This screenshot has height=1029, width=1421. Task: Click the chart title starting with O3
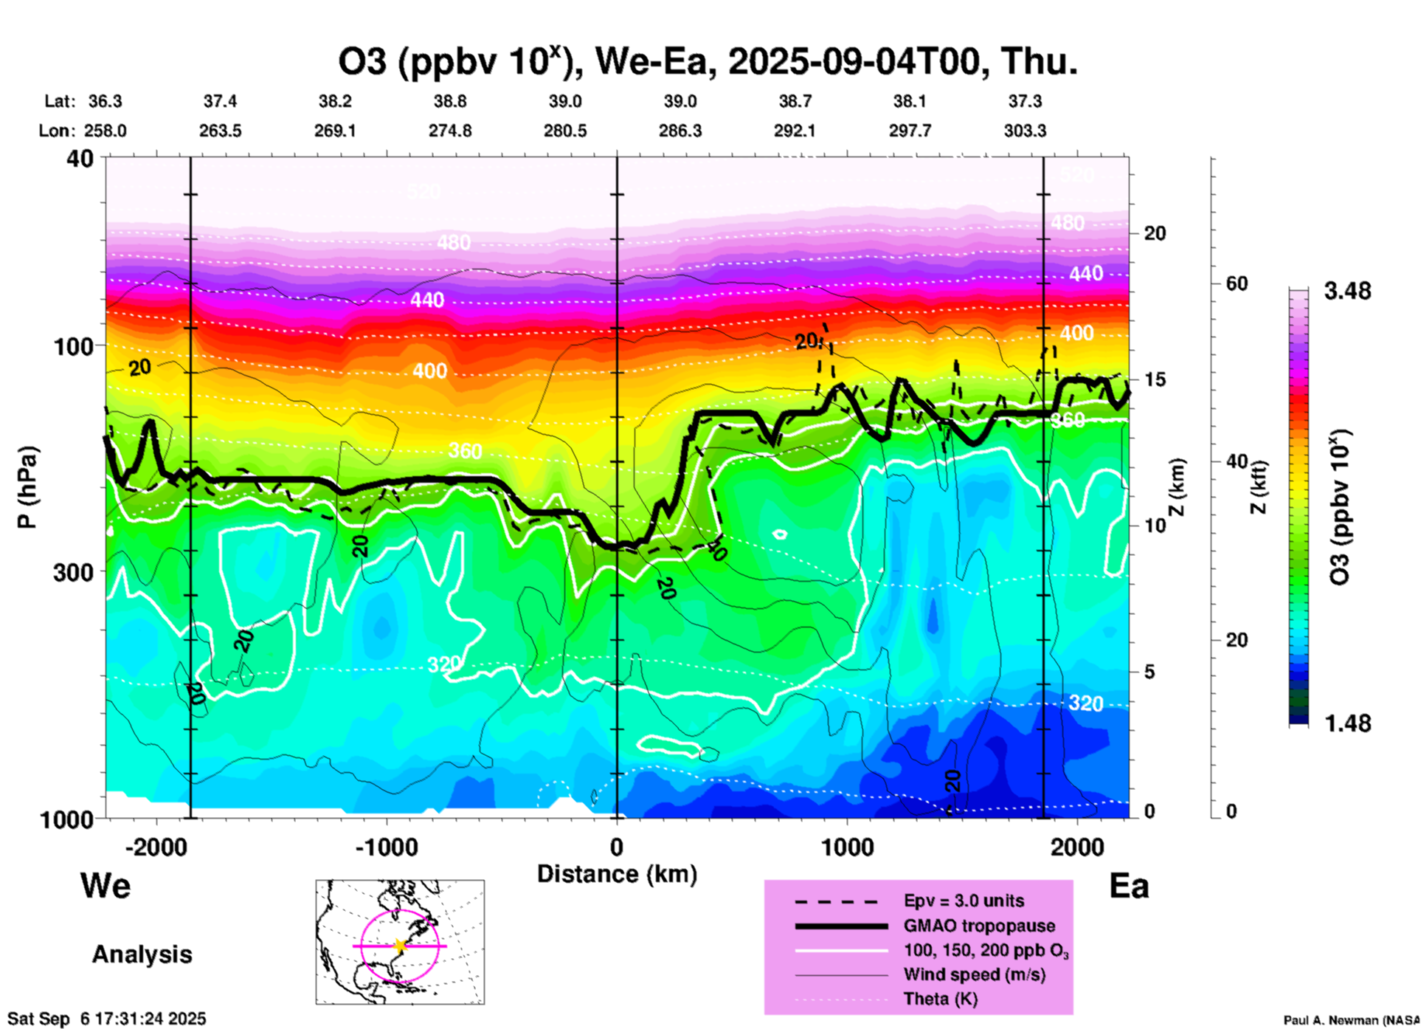click(x=707, y=62)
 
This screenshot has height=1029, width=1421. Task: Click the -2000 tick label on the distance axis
click(x=156, y=847)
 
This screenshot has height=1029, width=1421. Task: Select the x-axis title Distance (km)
click(x=617, y=874)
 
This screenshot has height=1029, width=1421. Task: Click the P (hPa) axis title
click(x=27, y=487)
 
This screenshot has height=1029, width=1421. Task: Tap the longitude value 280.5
click(x=565, y=131)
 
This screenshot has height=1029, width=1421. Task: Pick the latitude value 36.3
click(x=105, y=101)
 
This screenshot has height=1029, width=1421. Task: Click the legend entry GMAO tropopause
click(x=979, y=926)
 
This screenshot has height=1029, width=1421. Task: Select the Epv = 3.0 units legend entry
click(x=964, y=901)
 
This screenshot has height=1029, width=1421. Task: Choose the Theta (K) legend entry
click(x=940, y=999)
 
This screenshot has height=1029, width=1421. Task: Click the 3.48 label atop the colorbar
click(x=1347, y=292)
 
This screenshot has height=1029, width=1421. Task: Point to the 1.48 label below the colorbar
click(x=1347, y=723)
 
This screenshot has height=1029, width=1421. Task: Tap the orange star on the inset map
click(x=400, y=946)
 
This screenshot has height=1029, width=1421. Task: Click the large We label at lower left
click(x=106, y=886)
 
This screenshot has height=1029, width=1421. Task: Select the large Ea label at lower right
click(x=1129, y=886)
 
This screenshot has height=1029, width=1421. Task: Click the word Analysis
click(x=142, y=954)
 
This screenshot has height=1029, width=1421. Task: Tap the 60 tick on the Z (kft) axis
click(x=1236, y=284)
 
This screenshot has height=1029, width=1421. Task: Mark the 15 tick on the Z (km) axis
click(x=1155, y=379)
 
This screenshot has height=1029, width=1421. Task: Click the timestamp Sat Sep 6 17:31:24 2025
click(x=107, y=1019)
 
